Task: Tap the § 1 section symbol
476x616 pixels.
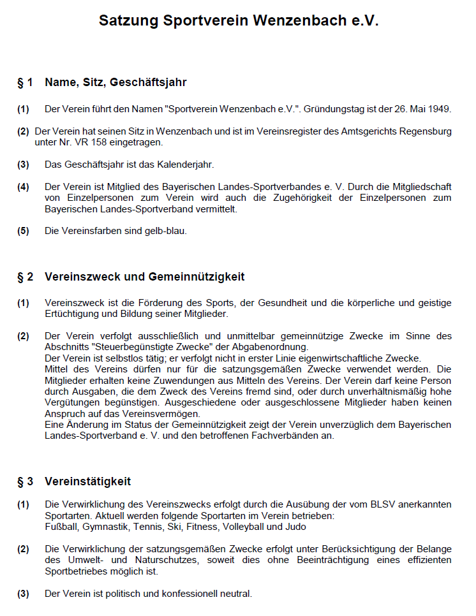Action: coord(25,83)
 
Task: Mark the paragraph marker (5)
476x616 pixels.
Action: coord(23,231)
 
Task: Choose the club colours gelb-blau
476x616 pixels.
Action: coord(165,231)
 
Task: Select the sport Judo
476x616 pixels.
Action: coord(295,527)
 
